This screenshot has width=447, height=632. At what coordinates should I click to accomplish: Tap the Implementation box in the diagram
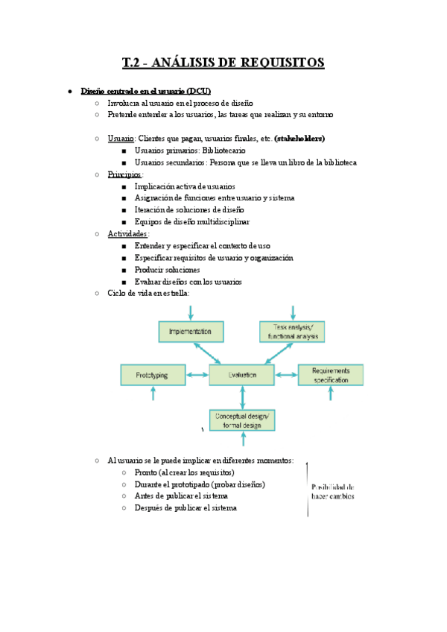(191, 331)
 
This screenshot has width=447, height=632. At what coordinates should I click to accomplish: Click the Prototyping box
(153, 375)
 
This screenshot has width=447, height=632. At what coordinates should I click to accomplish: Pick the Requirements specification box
(331, 375)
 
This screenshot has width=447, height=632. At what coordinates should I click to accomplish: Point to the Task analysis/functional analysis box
(292, 331)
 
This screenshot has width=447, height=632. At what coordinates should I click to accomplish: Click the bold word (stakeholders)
(299, 139)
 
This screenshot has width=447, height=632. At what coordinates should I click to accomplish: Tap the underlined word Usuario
(121, 139)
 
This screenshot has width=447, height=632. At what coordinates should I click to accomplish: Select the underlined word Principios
(124, 174)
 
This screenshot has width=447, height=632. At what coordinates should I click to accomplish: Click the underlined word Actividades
(127, 234)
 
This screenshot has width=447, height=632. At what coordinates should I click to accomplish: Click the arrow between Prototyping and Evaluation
(197, 375)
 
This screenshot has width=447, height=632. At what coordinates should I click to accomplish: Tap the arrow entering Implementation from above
(191, 312)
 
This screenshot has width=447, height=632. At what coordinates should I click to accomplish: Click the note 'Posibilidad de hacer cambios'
(332, 492)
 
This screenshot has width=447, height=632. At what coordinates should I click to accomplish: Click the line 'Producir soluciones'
(167, 270)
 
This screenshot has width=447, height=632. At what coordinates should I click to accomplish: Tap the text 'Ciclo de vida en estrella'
(148, 294)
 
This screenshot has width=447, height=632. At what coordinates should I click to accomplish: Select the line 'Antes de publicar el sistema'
(181, 496)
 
